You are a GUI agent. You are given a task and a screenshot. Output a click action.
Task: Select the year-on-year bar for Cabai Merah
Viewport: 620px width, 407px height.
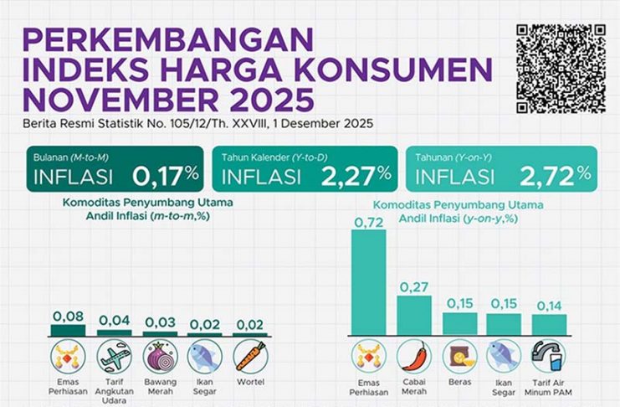pos(414,315)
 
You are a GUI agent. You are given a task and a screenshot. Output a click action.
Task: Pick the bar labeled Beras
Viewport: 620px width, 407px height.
pos(459,323)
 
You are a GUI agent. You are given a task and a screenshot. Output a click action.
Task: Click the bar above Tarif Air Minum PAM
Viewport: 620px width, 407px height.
pos(549,324)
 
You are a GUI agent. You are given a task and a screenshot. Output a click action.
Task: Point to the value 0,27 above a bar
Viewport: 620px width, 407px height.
pos(414,286)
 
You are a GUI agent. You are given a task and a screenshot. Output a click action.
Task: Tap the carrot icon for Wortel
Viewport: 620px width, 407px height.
pos(249,355)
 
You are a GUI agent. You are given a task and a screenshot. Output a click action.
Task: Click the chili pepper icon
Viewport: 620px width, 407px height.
pos(414,355)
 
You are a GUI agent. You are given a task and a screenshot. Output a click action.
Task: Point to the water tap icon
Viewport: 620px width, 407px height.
pos(549,355)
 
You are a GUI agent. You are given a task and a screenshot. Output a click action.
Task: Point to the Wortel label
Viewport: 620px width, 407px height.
pos(249,382)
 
